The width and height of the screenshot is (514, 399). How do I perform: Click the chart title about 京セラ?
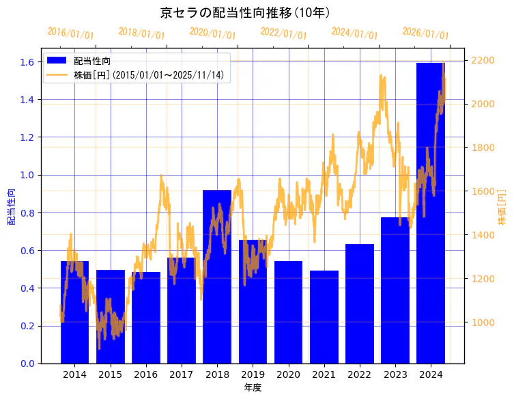point(246,12)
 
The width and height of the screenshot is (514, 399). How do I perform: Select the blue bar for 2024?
point(431,212)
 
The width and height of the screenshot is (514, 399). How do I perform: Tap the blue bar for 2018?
point(217,277)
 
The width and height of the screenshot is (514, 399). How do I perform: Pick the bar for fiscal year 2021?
point(324,316)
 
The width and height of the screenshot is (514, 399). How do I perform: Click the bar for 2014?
point(74,312)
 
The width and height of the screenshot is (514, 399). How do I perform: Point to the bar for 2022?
point(360,303)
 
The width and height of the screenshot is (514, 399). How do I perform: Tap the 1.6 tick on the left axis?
point(28,62)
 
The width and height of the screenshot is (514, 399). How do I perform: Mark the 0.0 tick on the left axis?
point(28,363)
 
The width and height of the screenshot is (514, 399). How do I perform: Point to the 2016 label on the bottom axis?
point(146,374)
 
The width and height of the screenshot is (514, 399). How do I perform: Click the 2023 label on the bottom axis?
point(395,374)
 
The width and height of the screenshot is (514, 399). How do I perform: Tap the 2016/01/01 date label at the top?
point(71,33)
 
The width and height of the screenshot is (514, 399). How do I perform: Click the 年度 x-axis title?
point(253,387)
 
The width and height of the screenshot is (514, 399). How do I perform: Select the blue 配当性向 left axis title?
point(12,202)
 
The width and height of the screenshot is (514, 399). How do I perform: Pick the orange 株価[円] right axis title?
point(502,208)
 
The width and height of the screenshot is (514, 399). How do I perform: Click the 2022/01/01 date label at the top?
point(283,33)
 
